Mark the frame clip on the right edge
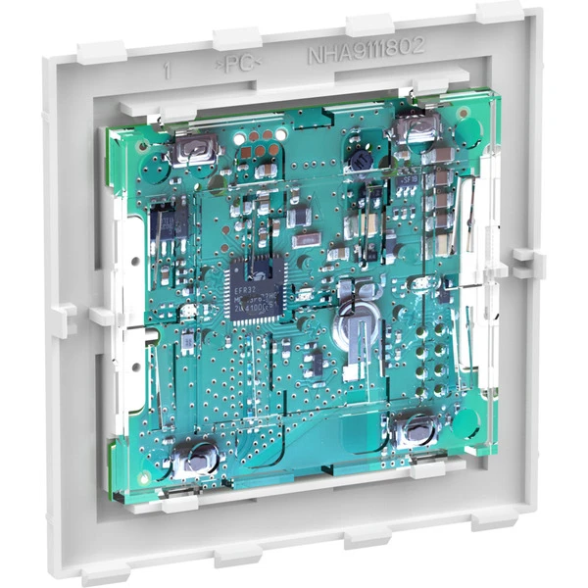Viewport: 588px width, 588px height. pos(526,263)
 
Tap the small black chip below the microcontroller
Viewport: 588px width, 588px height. pos(314,363)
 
